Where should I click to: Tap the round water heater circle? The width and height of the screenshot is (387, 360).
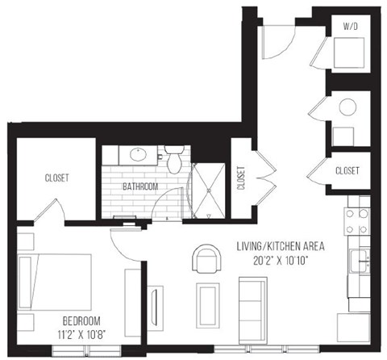(x=349, y=107)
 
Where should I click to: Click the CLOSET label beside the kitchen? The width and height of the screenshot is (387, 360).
(x=347, y=171)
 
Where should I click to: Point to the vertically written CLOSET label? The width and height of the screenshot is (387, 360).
(x=241, y=178)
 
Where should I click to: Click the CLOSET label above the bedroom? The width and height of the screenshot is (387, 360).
(x=56, y=178)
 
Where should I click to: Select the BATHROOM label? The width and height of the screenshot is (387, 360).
(x=140, y=186)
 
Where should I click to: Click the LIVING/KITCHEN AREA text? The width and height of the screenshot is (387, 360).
(x=279, y=245)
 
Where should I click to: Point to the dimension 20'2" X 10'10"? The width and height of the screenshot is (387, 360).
(x=279, y=260)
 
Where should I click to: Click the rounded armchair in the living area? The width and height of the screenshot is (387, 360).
(x=206, y=260)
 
